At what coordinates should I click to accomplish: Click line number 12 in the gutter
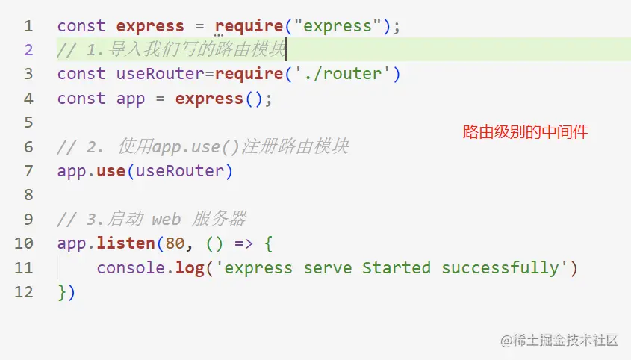24,292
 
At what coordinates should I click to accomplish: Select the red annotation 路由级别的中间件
525,133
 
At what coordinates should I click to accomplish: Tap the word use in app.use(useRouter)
111,171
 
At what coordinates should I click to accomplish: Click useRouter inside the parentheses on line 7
180,171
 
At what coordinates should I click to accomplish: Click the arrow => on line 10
229,243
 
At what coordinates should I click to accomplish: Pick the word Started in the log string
397,268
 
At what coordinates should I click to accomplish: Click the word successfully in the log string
500,268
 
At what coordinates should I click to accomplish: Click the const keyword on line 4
81,99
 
